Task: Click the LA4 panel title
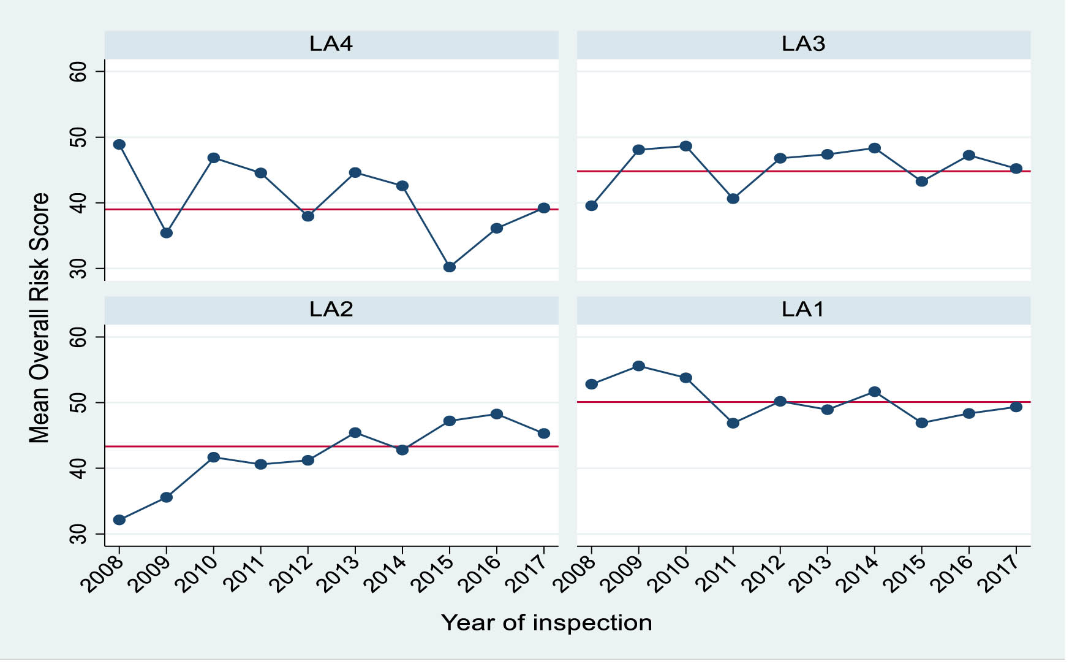[331, 44]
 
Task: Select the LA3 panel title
[803, 44]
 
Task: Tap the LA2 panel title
[331, 309]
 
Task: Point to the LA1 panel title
[803, 309]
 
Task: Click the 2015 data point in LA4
[450, 267]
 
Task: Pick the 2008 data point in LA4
[119, 145]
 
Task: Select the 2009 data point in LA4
[167, 233]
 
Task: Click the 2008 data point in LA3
[592, 206]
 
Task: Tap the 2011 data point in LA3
[733, 199]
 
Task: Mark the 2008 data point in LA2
[119, 520]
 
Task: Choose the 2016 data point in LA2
[497, 414]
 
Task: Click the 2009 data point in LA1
[639, 366]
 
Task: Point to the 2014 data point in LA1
[875, 392]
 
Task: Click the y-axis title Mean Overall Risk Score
[39, 318]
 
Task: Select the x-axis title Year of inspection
[546, 623]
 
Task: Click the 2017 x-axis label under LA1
[1001, 573]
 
